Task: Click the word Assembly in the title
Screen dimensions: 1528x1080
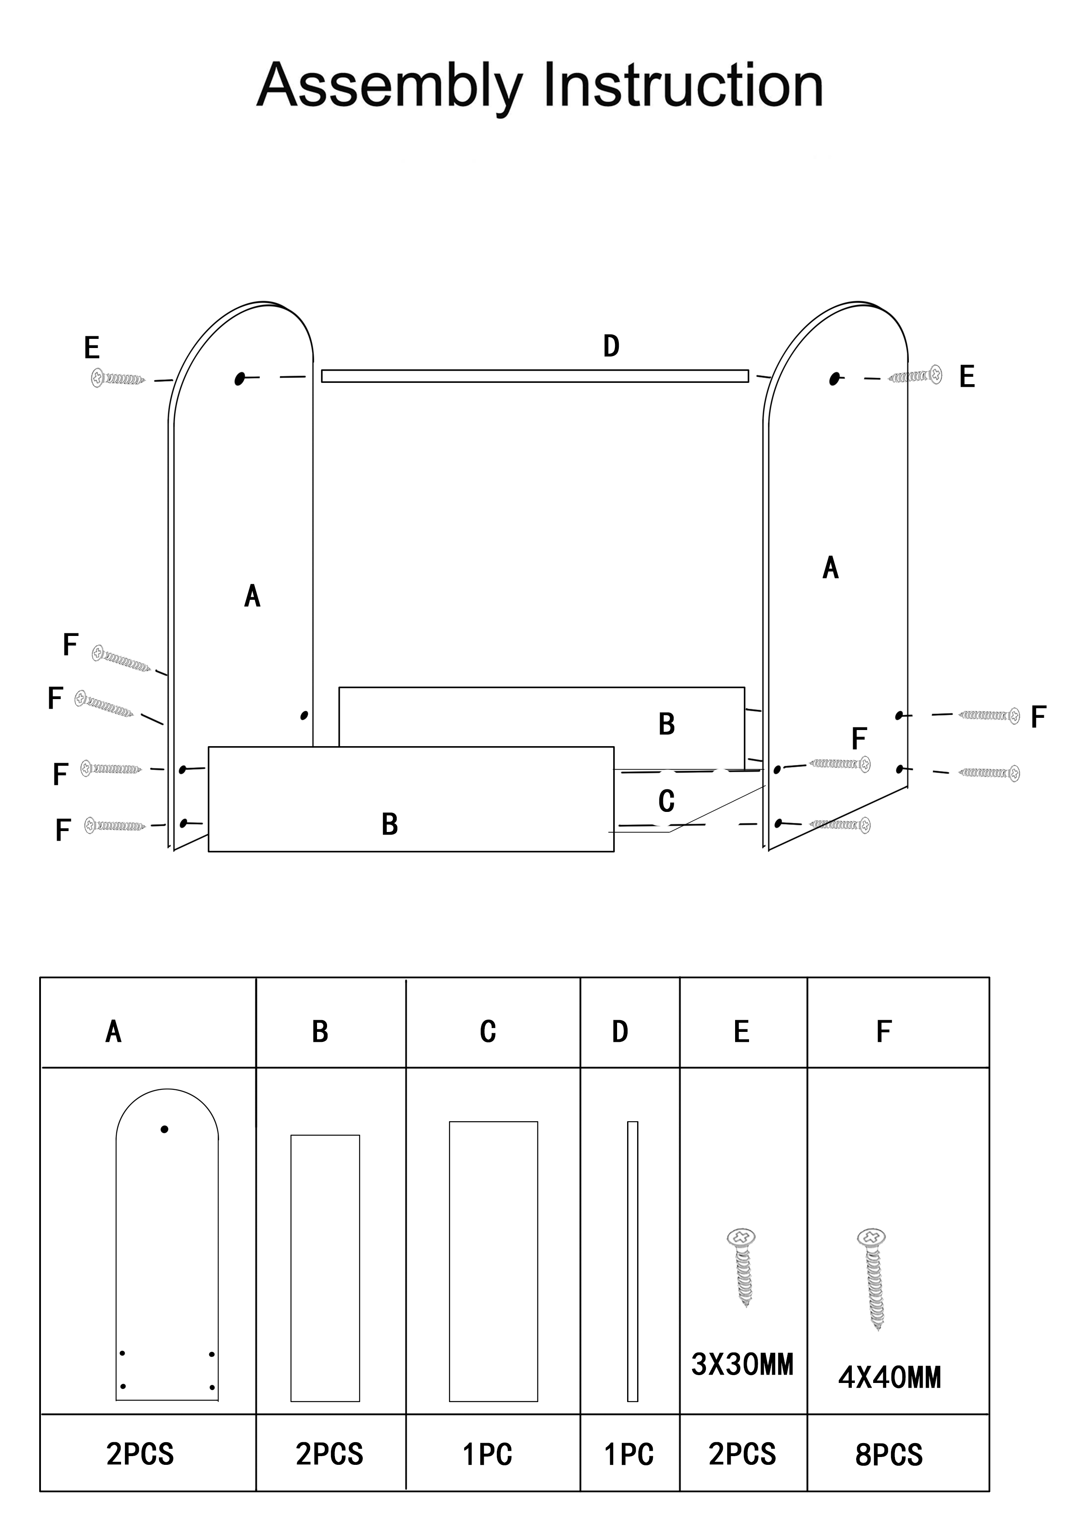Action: click(x=390, y=87)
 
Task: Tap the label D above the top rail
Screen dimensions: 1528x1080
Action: click(x=611, y=346)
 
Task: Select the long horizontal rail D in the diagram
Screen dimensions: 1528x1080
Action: click(x=535, y=376)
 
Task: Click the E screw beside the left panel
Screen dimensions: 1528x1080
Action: click(x=118, y=379)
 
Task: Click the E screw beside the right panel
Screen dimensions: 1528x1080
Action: click(x=916, y=376)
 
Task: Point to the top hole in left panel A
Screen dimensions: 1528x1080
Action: click(x=240, y=379)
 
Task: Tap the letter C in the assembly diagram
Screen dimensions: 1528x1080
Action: click(x=666, y=802)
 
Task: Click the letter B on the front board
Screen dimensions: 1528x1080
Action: click(x=390, y=825)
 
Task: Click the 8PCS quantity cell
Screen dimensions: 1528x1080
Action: click(x=889, y=1455)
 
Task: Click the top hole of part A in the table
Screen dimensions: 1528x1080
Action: click(x=164, y=1129)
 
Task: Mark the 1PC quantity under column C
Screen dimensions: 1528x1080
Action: click(x=488, y=1455)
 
